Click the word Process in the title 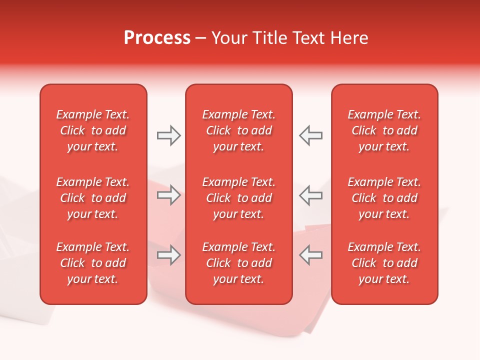(x=157, y=38)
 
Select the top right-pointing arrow (x=168, y=135)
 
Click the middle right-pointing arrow (x=168, y=195)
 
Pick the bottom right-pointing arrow (x=168, y=255)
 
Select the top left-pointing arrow (x=310, y=135)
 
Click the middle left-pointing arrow (x=310, y=195)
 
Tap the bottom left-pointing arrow (x=310, y=255)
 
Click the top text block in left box (x=93, y=130)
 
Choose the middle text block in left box (x=93, y=198)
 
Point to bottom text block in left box (x=93, y=263)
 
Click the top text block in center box (x=238, y=130)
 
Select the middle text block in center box (x=238, y=198)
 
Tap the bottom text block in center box (x=238, y=263)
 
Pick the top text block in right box (x=384, y=130)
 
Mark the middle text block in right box (x=384, y=198)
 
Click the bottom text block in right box (x=384, y=263)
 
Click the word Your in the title (x=229, y=38)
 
